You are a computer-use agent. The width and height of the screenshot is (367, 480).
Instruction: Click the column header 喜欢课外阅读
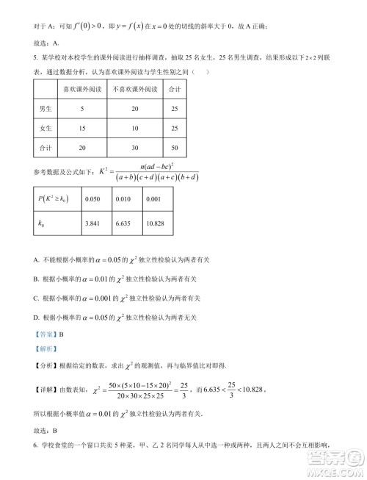click(x=82, y=90)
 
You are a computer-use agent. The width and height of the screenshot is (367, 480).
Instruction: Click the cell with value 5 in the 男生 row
click(x=82, y=109)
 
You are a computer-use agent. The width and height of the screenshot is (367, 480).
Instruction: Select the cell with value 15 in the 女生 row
click(x=82, y=129)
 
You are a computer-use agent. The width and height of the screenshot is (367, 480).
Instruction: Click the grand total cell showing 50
click(x=174, y=148)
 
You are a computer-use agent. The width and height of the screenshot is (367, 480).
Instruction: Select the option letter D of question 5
click(x=36, y=316)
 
